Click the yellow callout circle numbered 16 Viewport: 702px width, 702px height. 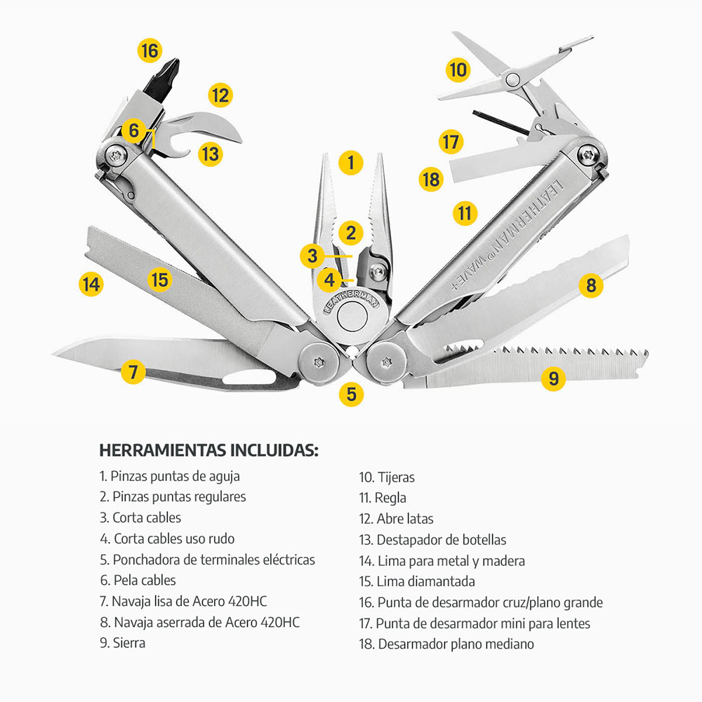pos(150,51)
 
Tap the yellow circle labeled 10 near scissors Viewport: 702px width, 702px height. pos(458,69)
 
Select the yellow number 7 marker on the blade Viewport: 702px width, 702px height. pos(133,370)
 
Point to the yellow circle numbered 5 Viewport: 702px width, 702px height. pos(351,394)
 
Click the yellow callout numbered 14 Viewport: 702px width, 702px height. pos(91,284)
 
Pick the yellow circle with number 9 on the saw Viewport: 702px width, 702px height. pos(554,379)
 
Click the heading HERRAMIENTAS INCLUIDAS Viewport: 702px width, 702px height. pos(208,450)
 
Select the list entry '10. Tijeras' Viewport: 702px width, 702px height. pos(387,477)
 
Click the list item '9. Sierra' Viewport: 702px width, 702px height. pos(122,643)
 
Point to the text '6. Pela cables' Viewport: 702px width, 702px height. pos(138,581)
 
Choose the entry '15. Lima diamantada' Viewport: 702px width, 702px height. pos(417,581)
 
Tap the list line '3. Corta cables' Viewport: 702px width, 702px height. pos(140,518)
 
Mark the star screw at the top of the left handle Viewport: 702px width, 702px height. pos(114,154)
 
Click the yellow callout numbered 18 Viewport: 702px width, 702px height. pos(430,179)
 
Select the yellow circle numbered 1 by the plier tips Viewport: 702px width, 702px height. pos(350,163)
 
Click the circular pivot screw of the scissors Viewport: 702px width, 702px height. pos(513,79)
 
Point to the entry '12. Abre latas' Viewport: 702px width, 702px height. pos(397,519)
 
